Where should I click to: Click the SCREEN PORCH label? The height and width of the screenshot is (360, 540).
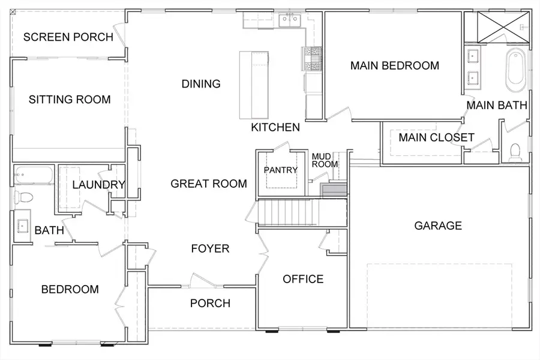coord(68,37)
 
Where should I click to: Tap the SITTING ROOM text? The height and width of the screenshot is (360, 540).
coord(70,100)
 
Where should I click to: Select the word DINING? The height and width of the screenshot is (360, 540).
coord(201,84)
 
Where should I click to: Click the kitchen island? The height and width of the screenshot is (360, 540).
coord(254,85)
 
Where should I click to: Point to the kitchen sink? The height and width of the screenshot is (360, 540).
coord(290,20)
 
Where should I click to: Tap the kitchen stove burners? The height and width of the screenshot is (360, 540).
coord(312,59)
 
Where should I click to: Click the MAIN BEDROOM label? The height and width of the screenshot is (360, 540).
coord(395,65)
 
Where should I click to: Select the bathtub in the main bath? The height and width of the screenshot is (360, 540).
coord(515,70)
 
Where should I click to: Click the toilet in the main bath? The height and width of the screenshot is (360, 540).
coord(515,152)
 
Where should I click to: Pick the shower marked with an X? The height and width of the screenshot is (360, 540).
coord(503,27)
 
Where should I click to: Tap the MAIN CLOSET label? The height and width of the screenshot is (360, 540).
coord(437,137)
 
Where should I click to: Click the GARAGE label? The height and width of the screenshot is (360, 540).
coord(438,226)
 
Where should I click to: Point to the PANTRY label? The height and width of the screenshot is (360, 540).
coord(281,170)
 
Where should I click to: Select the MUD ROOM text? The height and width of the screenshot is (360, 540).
coord(325,161)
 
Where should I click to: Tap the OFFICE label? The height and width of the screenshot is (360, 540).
coord(303,278)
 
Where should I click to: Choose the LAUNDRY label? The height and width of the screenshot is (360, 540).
coord(98,185)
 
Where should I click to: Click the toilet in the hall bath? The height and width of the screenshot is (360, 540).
coord(23,197)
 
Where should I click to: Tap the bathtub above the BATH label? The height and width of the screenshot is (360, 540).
coord(34,175)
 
